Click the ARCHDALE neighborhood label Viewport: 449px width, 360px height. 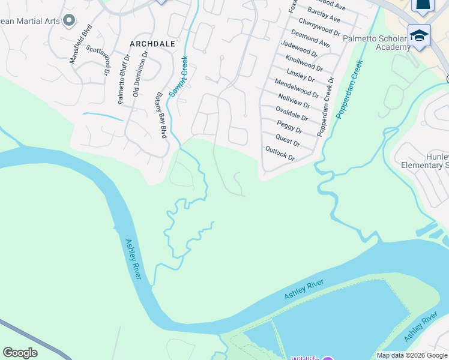pos(152,44)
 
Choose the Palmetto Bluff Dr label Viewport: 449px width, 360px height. pos(124,80)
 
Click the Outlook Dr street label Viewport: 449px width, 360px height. pos(280,152)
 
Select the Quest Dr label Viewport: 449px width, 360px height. pos(288,141)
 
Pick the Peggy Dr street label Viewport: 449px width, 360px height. pos(289,127)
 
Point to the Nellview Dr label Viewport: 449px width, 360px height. pos(294,100)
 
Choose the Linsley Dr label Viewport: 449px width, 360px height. pos(301,74)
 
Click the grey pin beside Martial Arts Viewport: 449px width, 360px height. pos(68,21)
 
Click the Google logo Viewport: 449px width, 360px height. pos(20,353)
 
